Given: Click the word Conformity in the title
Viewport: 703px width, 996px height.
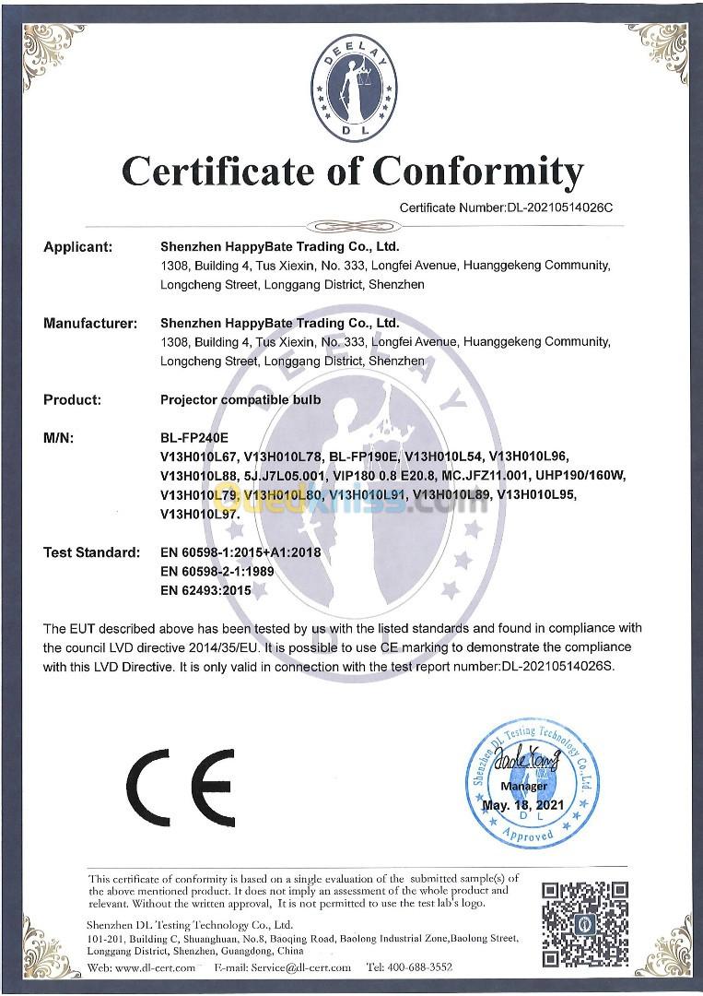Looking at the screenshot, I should tap(478, 171).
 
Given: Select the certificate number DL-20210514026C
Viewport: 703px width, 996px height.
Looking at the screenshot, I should tap(560, 207).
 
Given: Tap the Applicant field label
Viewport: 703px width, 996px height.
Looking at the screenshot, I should tap(78, 247).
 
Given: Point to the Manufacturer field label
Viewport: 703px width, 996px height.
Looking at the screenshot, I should tap(90, 324).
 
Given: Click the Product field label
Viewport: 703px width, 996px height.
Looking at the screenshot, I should tap(72, 400).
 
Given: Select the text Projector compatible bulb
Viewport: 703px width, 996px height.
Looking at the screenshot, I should tap(240, 400).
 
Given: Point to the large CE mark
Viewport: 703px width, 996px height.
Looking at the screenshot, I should tap(181, 786).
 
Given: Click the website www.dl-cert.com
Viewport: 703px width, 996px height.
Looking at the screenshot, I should tap(156, 967).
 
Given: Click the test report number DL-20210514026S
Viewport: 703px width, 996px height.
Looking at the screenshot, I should tap(559, 665).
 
